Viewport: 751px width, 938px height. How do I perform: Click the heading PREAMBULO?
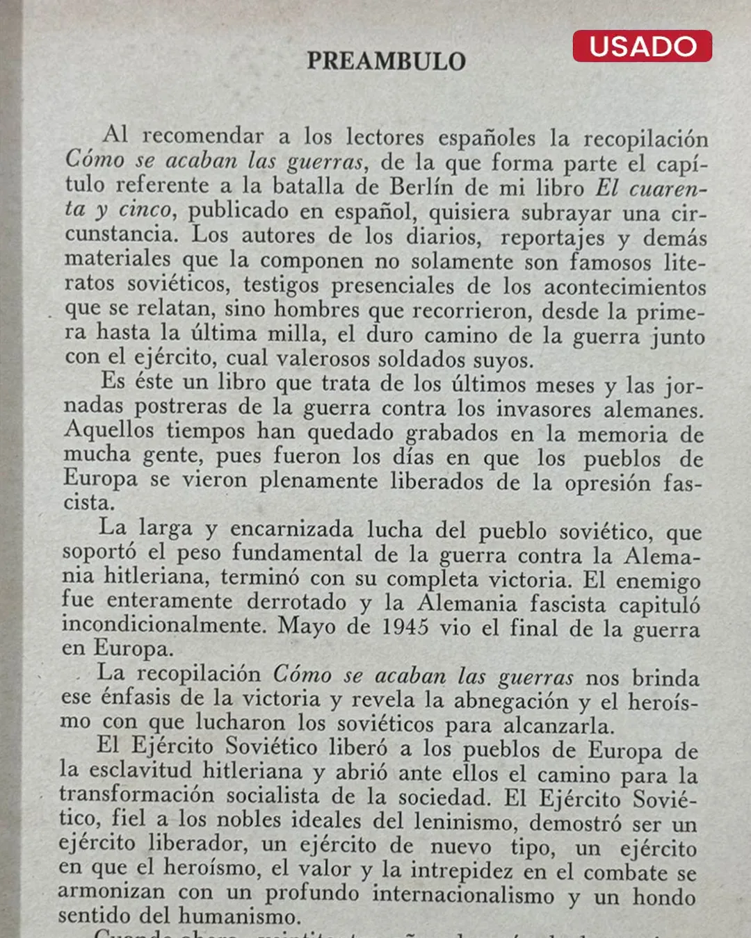click(x=386, y=61)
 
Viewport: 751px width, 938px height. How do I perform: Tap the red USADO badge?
click(x=642, y=46)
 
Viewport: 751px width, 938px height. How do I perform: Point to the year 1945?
click(x=405, y=627)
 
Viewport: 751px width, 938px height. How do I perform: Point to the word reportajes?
click(x=552, y=238)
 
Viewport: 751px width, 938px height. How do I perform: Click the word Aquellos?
click(x=108, y=430)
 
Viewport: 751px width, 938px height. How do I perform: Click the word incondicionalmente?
click(x=163, y=625)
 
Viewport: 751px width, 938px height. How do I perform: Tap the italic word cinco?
click(x=145, y=210)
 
